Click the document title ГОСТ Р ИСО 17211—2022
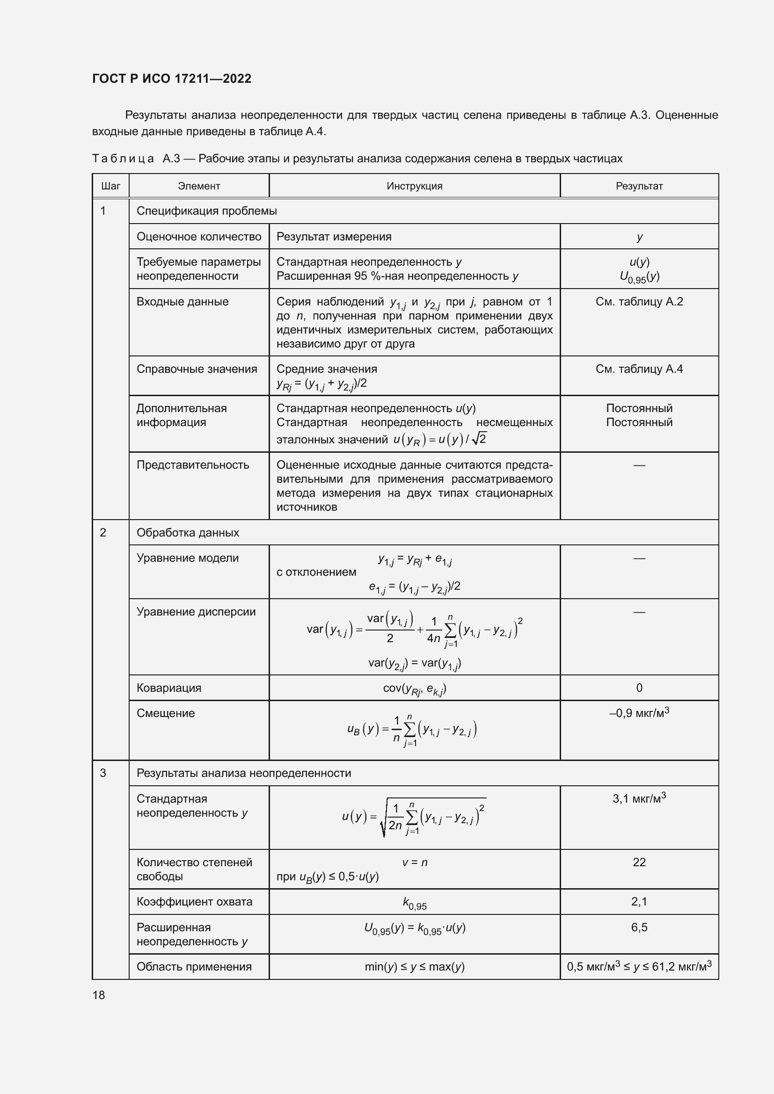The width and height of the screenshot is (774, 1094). (x=172, y=79)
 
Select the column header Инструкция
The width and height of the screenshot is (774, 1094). (x=414, y=186)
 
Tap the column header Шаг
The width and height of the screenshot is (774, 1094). (x=110, y=186)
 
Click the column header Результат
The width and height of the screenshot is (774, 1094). (x=639, y=186)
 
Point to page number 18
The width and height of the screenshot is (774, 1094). (x=99, y=995)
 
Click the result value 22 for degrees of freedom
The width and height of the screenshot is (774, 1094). (x=639, y=862)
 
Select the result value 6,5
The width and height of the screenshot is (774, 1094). (x=639, y=927)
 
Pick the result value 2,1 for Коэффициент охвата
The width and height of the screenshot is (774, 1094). (x=639, y=901)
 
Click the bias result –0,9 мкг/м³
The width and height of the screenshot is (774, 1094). (x=639, y=713)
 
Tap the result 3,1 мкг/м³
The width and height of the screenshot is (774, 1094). (x=639, y=798)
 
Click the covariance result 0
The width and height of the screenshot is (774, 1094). (x=639, y=688)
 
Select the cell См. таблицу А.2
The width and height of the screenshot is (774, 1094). (x=639, y=302)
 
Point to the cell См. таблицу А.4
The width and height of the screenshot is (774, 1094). (x=639, y=369)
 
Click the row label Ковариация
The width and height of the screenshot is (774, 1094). (x=169, y=688)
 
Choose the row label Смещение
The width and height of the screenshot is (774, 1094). (x=165, y=713)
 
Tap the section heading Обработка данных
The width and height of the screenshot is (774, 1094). (x=188, y=532)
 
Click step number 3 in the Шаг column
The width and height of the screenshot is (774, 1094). (x=103, y=773)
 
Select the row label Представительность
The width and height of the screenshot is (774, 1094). (x=192, y=464)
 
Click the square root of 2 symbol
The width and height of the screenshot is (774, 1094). (x=479, y=438)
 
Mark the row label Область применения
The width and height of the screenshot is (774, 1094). (x=194, y=967)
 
